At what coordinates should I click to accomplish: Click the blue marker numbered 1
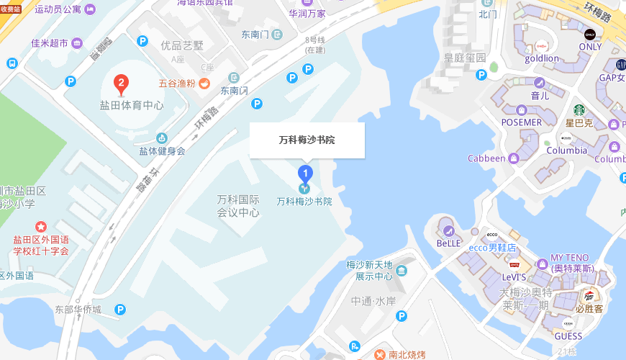(x=305, y=174)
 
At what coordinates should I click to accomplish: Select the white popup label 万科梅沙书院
(x=307, y=140)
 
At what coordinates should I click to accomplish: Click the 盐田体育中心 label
(x=132, y=105)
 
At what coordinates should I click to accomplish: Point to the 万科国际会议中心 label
(x=238, y=205)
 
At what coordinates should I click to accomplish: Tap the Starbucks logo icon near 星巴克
(x=579, y=110)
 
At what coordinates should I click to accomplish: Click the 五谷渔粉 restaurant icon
(x=204, y=83)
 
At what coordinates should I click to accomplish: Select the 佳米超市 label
(x=50, y=43)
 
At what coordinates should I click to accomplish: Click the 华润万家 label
(x=307, y=13)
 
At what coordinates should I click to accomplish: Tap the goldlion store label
(x=542, y=58)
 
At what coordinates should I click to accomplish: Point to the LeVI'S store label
(x=514, y=276)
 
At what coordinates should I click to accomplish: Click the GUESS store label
(x=568, y=336)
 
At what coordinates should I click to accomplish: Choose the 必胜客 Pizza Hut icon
(x=589, y=295)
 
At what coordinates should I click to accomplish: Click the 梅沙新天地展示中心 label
(x=369, y=271)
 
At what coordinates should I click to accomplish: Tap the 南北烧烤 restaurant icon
(x=379, y=354)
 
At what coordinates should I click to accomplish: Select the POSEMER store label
(x=522, y=122)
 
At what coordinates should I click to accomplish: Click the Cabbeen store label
(x=486, y=158)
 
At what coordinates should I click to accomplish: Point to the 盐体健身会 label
(x=162, y=151)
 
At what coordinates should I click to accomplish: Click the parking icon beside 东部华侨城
(x=121, y=310)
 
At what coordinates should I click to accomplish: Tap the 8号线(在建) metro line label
(x=315, y=45)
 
